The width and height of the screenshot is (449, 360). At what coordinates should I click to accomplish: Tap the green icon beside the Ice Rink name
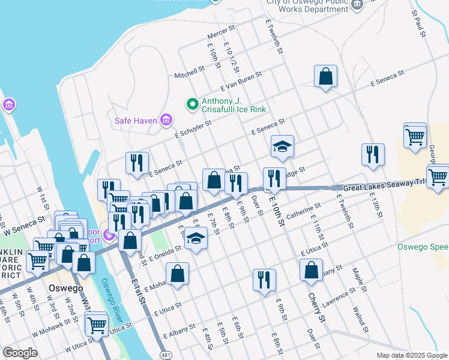(193, 105)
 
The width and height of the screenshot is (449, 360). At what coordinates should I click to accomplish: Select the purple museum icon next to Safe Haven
(166, 121)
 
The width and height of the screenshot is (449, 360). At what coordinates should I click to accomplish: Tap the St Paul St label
(419, 23)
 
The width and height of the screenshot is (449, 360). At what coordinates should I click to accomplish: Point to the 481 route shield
(164, 355)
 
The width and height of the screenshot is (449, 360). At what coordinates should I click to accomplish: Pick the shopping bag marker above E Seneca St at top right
(325, 76)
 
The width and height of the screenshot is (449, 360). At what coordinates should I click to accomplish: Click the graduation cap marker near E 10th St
(282, 146)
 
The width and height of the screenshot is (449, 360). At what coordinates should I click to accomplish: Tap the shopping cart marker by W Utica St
(96, 325)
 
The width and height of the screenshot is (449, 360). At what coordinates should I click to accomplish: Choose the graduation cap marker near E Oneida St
(195, 238)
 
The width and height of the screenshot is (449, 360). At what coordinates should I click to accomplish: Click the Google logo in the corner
(20, 353)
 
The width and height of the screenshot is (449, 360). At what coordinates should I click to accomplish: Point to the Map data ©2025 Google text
(411, 355)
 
